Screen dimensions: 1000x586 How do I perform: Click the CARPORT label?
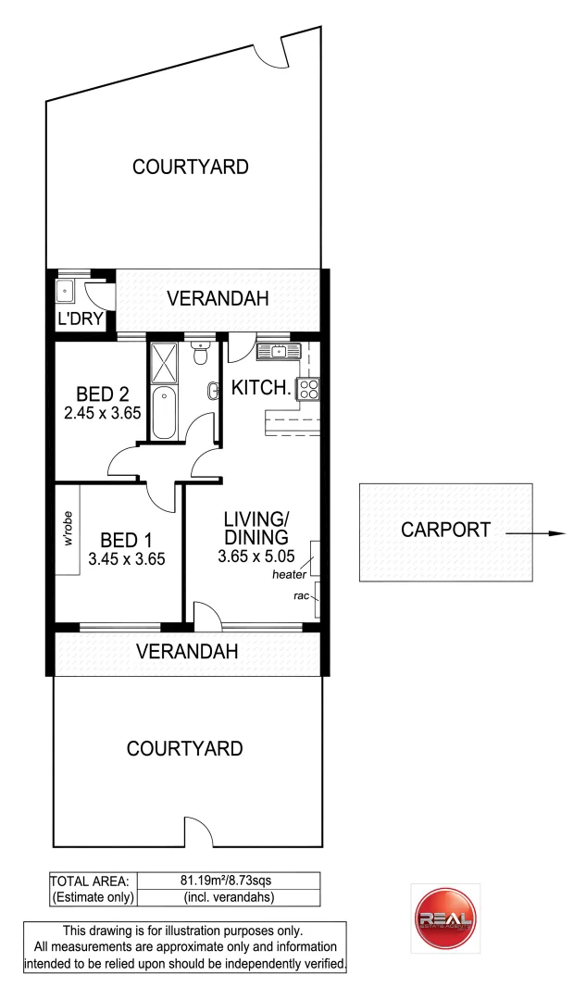pos(445,531)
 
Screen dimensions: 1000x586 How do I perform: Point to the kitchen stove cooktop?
pos(308,390)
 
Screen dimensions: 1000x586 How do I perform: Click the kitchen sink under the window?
pos(277,351)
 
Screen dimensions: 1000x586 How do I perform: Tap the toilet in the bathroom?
pos(199,356)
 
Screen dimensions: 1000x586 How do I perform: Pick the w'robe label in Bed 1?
pos(68,528)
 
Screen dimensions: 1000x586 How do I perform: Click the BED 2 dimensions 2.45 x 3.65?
pos(102,413)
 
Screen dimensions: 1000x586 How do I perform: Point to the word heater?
pos(289,575)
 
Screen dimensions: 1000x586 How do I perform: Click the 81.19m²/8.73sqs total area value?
pos(228,881)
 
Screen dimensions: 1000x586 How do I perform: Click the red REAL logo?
pos(445,918)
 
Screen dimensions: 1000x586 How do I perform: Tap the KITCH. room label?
pos(261,389)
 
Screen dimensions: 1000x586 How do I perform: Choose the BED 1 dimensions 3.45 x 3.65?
pos(127,558)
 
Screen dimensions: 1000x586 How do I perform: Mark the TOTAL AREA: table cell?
pos(92,881)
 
